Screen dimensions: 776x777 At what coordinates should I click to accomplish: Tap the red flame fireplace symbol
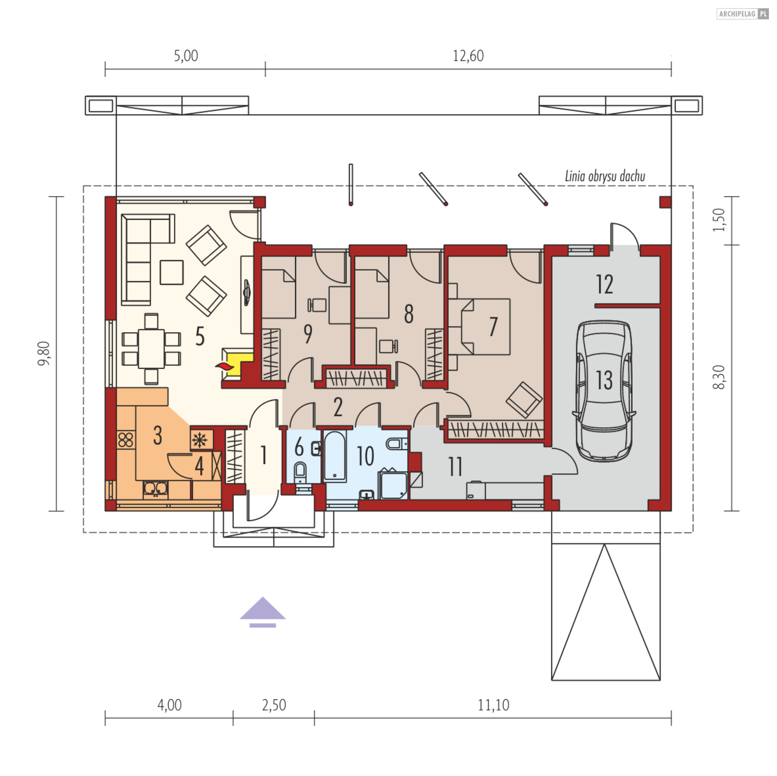(x=225, y=366)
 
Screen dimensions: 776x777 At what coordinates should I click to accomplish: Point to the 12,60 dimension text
(x=468, y=56)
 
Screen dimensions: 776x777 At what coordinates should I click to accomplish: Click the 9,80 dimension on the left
(x=44, y=353)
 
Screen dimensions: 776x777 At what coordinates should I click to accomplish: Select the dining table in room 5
(x=151, y=348)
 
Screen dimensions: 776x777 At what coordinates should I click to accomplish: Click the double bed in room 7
(x=486, y=327)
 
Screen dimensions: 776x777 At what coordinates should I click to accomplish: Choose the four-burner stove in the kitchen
(x=125, y=440)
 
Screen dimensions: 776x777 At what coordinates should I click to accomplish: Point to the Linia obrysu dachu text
(x=605, y=176)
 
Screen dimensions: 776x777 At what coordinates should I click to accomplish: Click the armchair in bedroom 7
(x=524, y=400)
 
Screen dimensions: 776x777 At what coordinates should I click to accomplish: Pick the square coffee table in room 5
(x=172, y=272)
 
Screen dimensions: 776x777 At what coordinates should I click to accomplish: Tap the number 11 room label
(x=455, y=466)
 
